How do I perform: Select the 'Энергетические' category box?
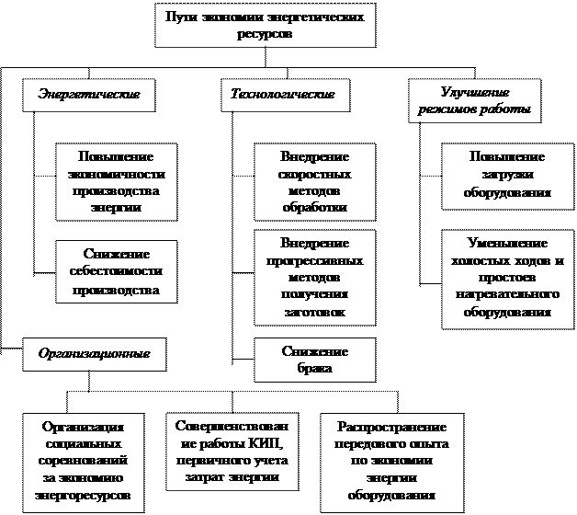pos(88,96)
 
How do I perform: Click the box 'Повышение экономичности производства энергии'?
pos(116,181)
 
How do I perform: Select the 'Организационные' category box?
pos(95,354)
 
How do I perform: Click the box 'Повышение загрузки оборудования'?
pos(506,176)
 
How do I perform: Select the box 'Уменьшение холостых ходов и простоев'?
pos(506,278)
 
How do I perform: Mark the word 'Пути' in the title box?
pos(180,17)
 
